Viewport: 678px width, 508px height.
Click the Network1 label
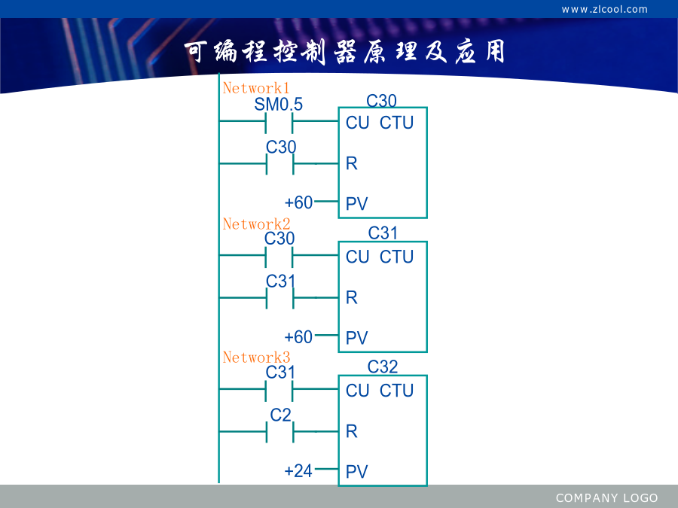[x=256, y=88]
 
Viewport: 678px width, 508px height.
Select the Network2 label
[x=256, y=224]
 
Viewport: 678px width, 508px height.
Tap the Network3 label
[x=256, y=357]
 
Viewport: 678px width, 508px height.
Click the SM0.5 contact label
[x=279, y=104]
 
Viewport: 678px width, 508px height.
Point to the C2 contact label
[x=281, y=415]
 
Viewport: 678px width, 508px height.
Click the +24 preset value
[x=298, y=471]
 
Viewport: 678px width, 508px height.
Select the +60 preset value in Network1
[x=298, y=202]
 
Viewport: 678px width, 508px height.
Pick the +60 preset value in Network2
[x=298, y=337]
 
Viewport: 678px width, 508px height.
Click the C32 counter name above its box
[x=383, y=367]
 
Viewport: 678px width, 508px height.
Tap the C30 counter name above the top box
[x=381, y=101]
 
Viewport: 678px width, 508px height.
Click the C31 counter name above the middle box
[x=383, y=233]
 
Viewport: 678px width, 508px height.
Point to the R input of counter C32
[x=352, y=431]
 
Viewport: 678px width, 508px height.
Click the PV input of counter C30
[x=357, y=203]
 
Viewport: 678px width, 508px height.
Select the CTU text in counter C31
[x=396, y=257]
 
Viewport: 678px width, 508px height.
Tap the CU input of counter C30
[x=357, y=123]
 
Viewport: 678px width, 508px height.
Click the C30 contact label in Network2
[x=279, y=239]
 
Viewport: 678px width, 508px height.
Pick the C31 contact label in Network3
[x=280, y=373]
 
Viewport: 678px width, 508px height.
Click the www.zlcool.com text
[x=604, y=10]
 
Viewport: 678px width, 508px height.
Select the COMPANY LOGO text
[x=606, y=498]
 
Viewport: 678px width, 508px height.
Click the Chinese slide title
[x=344, y=52]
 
